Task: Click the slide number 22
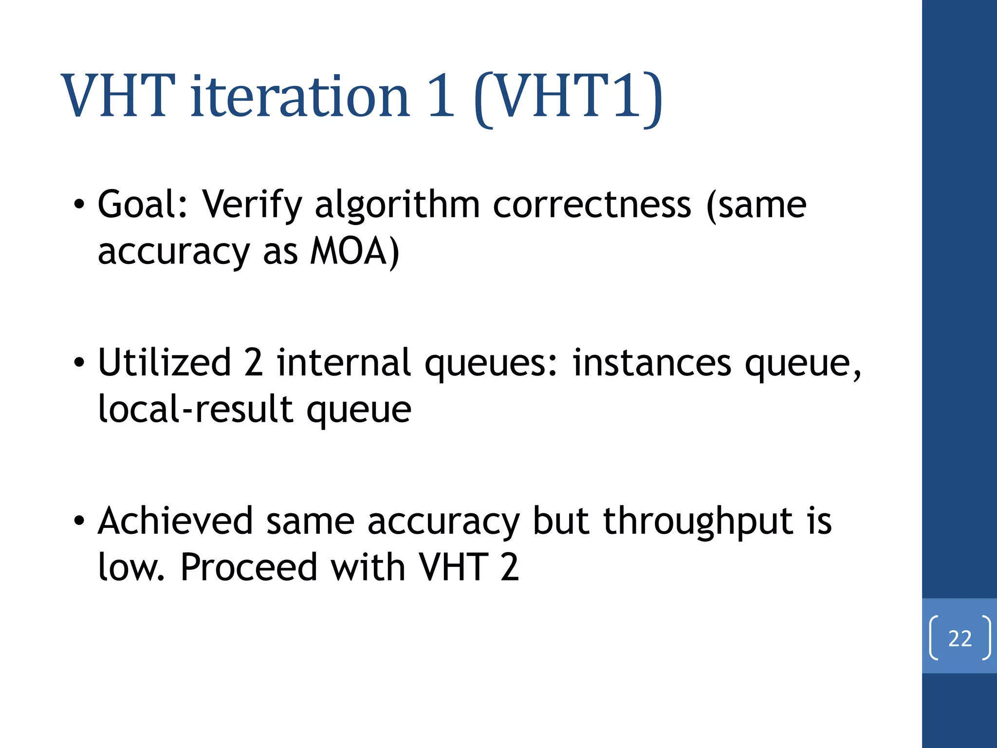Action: coord(960,638)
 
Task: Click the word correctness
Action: coord(591,205)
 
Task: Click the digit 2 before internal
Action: coord(254,363)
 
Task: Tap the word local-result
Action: coord(195,409)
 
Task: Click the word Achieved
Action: coord(175,521)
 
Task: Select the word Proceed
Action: coord(249,567)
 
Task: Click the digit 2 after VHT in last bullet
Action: coord(509,567)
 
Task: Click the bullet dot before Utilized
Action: coord(79,363)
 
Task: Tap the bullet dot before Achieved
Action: coord(79,521)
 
